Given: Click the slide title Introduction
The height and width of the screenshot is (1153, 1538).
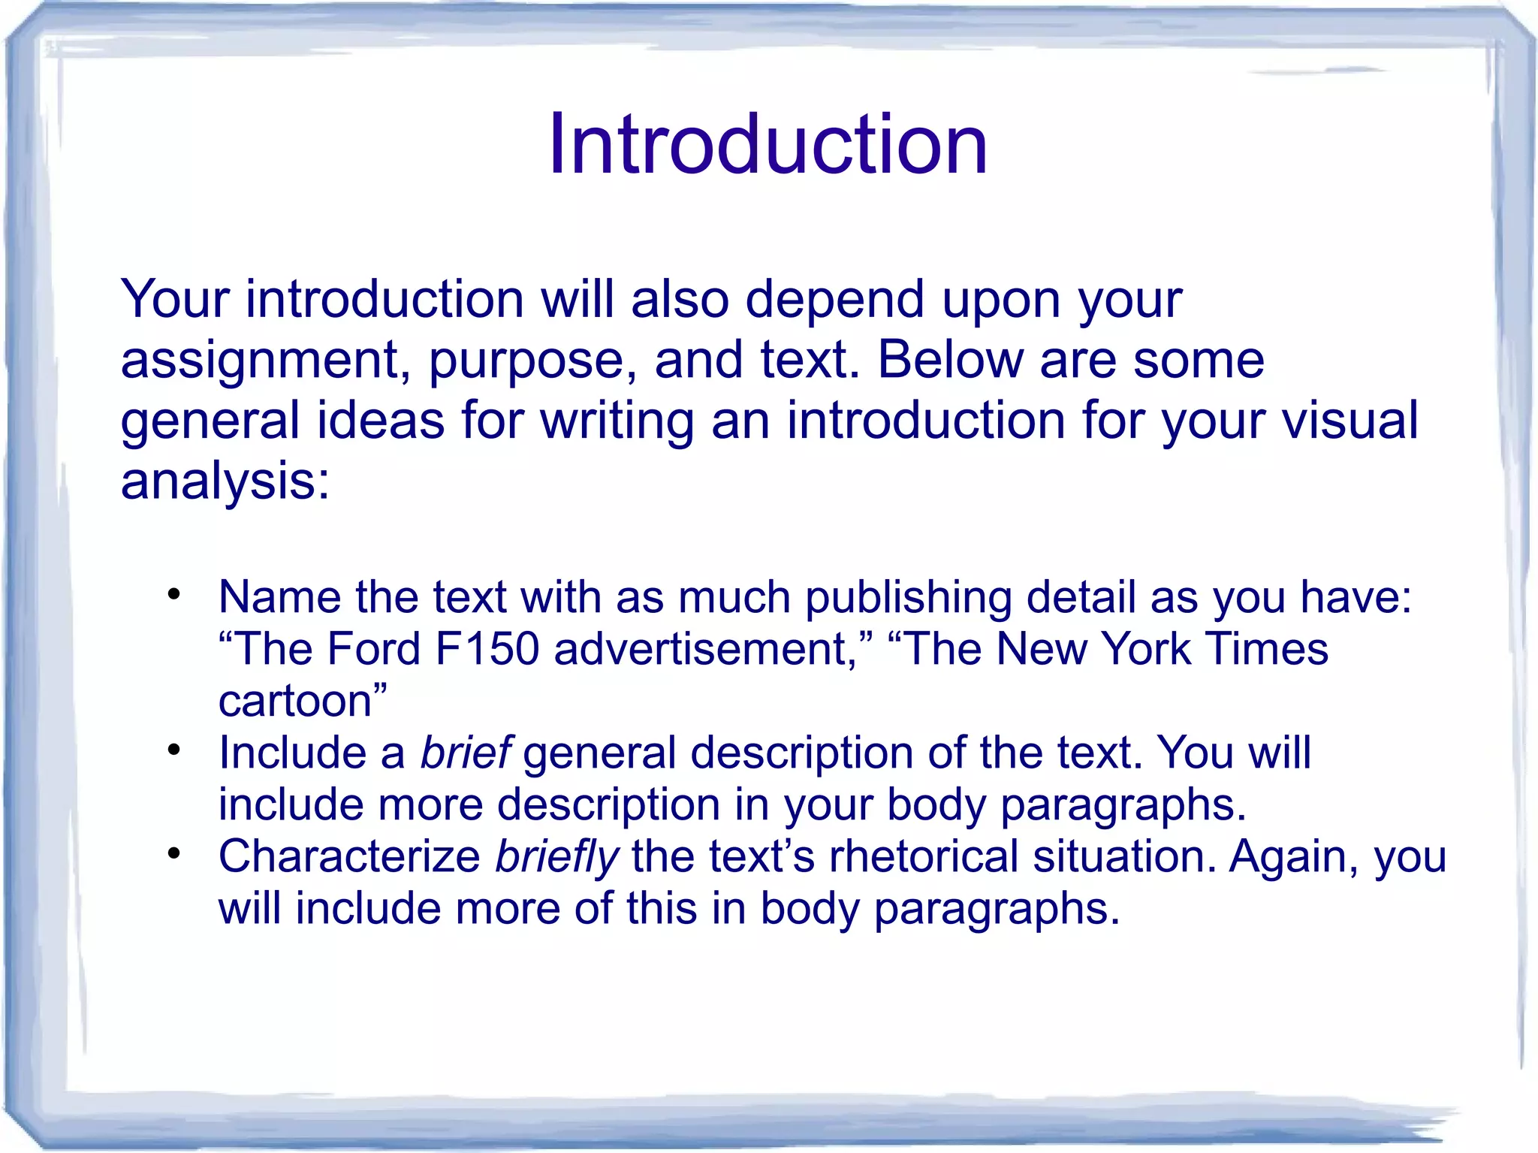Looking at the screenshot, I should tap(767, 144).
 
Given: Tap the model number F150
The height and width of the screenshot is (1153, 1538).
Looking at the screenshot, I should tap(487, 649).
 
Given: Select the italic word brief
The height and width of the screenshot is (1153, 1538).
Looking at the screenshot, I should tap(466, 753).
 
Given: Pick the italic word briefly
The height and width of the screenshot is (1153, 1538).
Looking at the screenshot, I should tap(556, 857).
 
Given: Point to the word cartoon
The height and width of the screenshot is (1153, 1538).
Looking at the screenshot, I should tap(296, 701).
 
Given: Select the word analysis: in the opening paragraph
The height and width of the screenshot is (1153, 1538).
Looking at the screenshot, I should tap(225, 481).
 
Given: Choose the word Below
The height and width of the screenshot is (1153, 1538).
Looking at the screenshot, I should tap(950, 360).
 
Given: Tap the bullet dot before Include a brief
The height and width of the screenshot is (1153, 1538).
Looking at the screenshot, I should tap(174, 750).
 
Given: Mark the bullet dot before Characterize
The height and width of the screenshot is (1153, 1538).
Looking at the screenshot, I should tap(174, 854).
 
